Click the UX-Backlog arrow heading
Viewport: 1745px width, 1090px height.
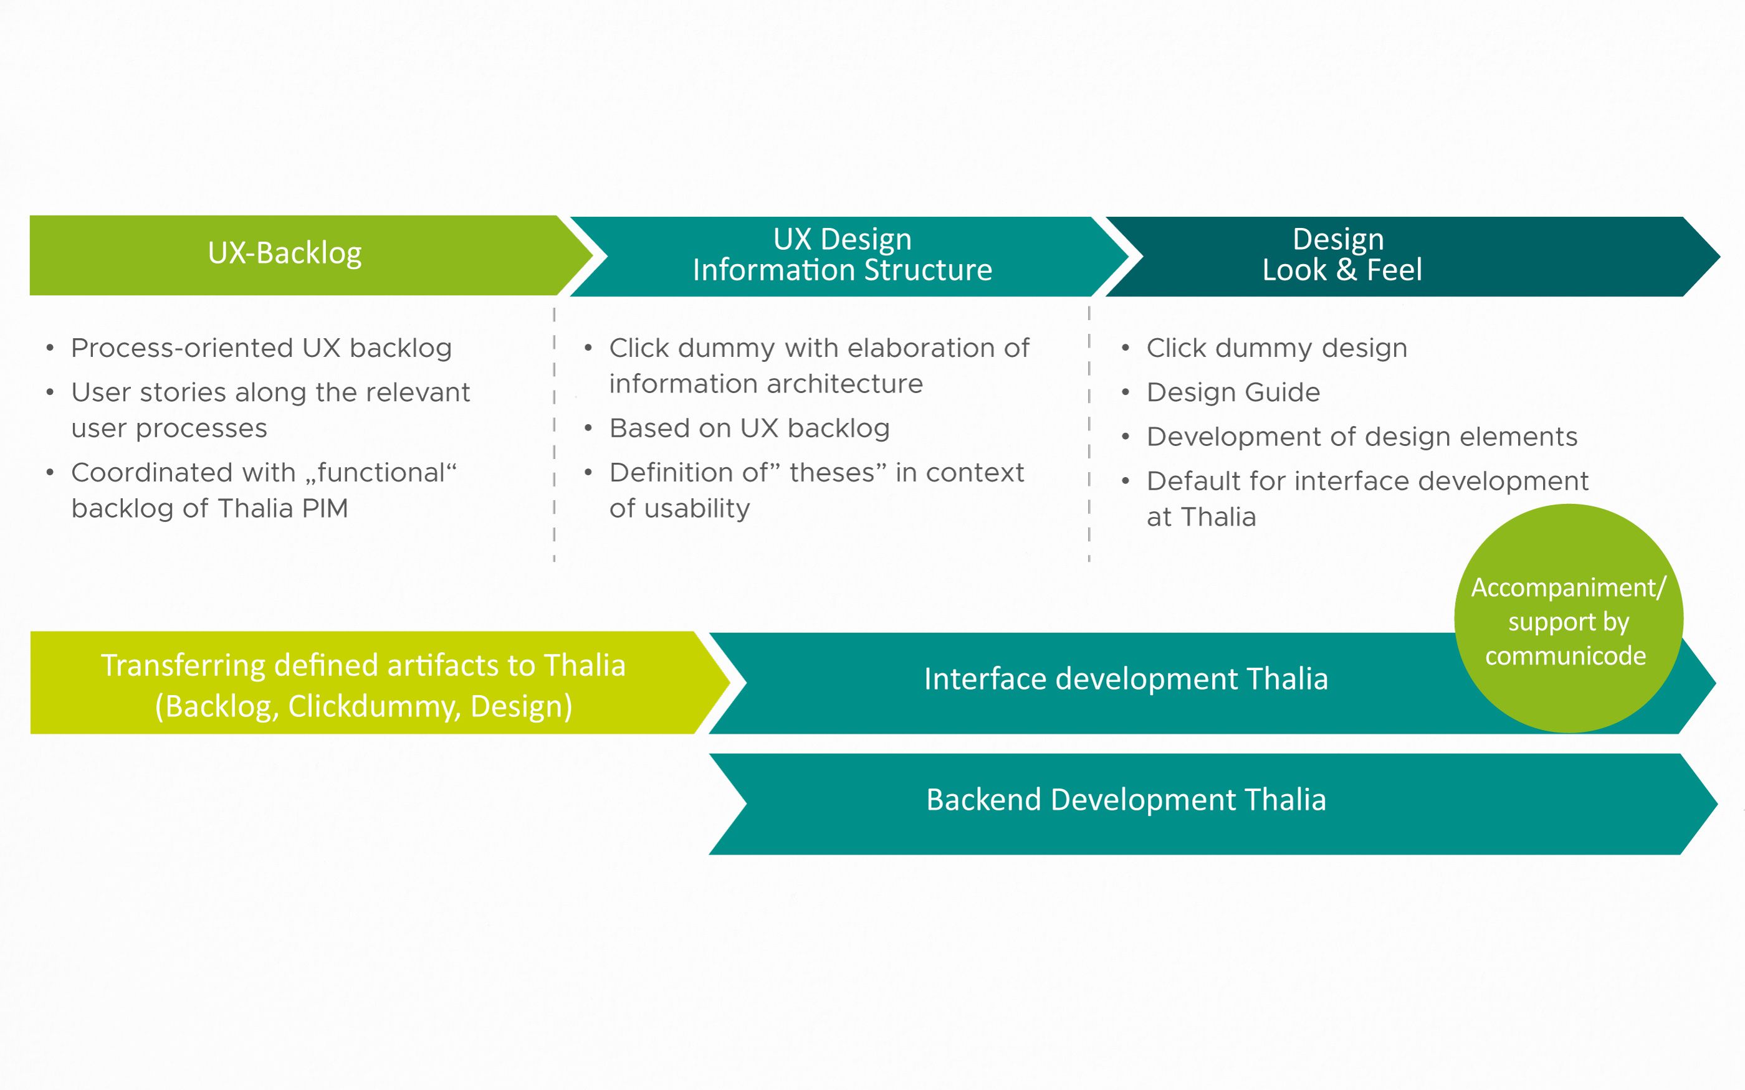pos(285,254)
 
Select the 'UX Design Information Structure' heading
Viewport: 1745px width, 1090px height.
pos(842,255)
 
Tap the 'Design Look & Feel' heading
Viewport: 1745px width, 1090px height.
pos(1341,255)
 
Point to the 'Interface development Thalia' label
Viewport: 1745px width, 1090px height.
pos(1126,679)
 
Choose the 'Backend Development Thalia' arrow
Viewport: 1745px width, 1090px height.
pos(1126,800)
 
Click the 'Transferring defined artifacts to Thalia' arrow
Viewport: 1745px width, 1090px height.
pos(363,685)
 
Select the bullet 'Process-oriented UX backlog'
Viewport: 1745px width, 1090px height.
pos(261,348)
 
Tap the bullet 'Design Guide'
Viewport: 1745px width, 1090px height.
pos(1233,393)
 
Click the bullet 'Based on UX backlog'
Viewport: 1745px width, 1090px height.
pos(749,429)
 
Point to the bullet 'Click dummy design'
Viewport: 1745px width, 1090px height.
pos(1276,348)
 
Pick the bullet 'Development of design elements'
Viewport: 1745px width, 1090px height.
pos(1361,437)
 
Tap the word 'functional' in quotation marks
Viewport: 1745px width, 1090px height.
pos(381,473)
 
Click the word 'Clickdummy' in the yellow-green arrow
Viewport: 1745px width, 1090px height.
pos(374,707)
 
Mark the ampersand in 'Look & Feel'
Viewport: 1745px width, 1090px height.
pos(1346,270)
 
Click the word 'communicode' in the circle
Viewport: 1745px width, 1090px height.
pos(1566,656)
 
